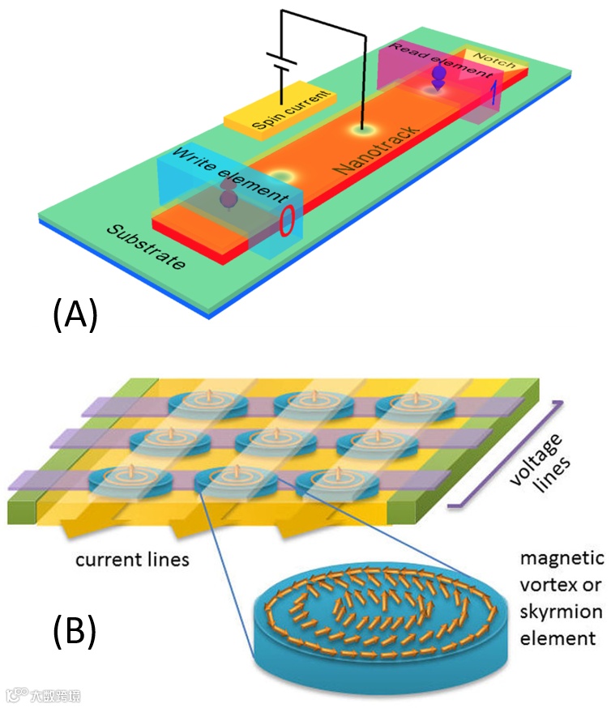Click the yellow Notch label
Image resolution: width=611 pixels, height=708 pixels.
point(489,61)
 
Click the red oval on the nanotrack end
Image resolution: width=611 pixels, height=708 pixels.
point(286,222)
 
